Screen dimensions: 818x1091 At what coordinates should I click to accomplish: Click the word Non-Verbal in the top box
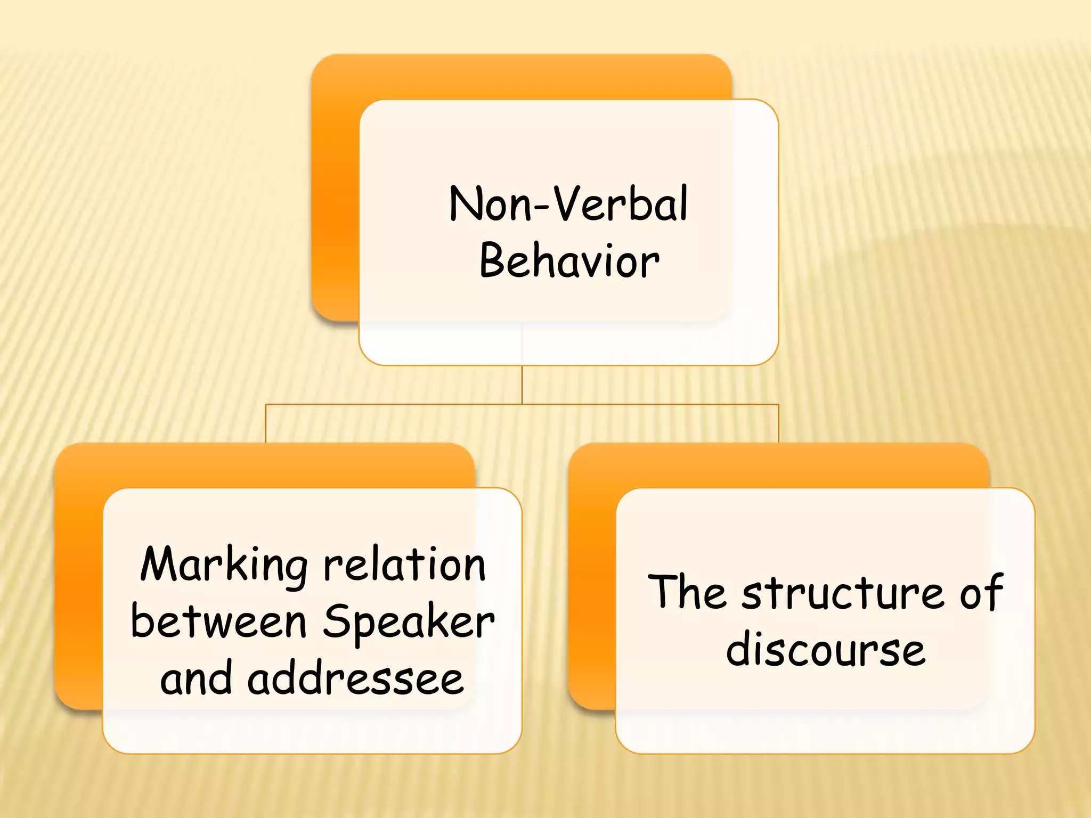[568, 204]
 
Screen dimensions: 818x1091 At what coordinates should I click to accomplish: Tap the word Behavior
[569, 261]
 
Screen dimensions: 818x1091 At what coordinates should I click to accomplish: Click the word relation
[405, 565]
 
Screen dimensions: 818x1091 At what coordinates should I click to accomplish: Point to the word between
[218, 621]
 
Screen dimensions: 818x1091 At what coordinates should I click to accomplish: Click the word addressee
[355, 679]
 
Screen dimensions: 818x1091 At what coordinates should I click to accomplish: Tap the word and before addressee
[196, 679]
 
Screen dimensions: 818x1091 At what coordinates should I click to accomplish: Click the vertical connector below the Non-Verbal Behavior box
[522, 385]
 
